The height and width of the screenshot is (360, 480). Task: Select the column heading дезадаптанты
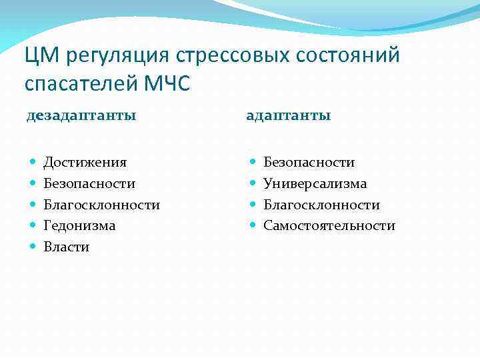click(x=81, y=116)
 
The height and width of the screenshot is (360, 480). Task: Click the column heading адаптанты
click(x=288, y=116)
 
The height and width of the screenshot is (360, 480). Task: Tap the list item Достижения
click(x=85, y=163)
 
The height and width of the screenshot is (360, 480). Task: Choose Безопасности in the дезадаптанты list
click(x=89, y=183)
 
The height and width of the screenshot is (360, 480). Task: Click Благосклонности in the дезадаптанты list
click(x=101, y=205)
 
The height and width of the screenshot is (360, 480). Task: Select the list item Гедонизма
click(x=79, y=226)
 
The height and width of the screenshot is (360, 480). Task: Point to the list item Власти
click(x=66, y=247)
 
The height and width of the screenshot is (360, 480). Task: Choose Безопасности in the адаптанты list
click(x=309, y=163)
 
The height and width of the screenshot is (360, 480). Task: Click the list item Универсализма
click(x=315, y=183)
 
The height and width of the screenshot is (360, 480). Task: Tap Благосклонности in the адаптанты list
click(x=321, y=205)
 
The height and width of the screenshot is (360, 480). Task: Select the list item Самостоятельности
click(x=329, y=226)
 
